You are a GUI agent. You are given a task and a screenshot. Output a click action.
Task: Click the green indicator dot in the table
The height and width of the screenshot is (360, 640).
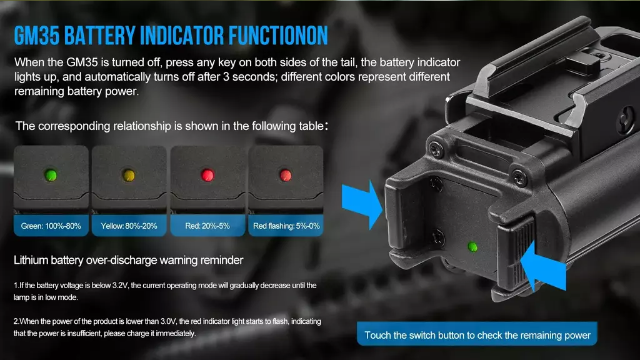(51, 175)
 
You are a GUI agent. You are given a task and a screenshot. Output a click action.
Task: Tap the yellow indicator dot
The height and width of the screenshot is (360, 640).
(129, 175)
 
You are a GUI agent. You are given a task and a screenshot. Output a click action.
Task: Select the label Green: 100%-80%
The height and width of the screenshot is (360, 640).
(51, 226)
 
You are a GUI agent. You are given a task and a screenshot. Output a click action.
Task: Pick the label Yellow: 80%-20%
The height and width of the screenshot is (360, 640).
(129, 226)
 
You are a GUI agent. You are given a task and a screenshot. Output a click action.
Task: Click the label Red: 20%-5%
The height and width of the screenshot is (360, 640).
(207, 226)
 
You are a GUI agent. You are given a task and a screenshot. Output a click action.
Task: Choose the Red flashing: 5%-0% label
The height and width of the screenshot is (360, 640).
(286, 226)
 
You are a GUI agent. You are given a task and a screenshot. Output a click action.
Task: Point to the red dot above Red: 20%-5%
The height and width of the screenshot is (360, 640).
(207, 175)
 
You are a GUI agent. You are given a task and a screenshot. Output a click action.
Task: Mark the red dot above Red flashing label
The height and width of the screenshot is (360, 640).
(285, 175)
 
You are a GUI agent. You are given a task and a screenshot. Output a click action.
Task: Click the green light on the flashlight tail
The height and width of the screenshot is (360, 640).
(472, 247)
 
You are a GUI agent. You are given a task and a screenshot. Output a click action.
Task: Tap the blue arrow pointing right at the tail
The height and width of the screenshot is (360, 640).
(362, 204)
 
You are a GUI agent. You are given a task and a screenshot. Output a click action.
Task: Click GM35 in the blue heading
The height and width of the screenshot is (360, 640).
(37, 36)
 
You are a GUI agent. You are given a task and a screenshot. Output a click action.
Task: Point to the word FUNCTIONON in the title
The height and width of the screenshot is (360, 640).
(278, 36)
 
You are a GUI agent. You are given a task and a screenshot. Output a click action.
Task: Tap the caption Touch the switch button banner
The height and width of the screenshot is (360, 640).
(477, 335)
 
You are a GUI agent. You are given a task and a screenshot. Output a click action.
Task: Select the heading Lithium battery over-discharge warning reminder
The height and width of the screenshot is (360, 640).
(129, 260)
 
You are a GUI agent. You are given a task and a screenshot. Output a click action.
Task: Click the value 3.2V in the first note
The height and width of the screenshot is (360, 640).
(120, 285)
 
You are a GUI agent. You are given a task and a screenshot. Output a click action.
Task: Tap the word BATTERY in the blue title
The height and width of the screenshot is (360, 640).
(99, 36)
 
